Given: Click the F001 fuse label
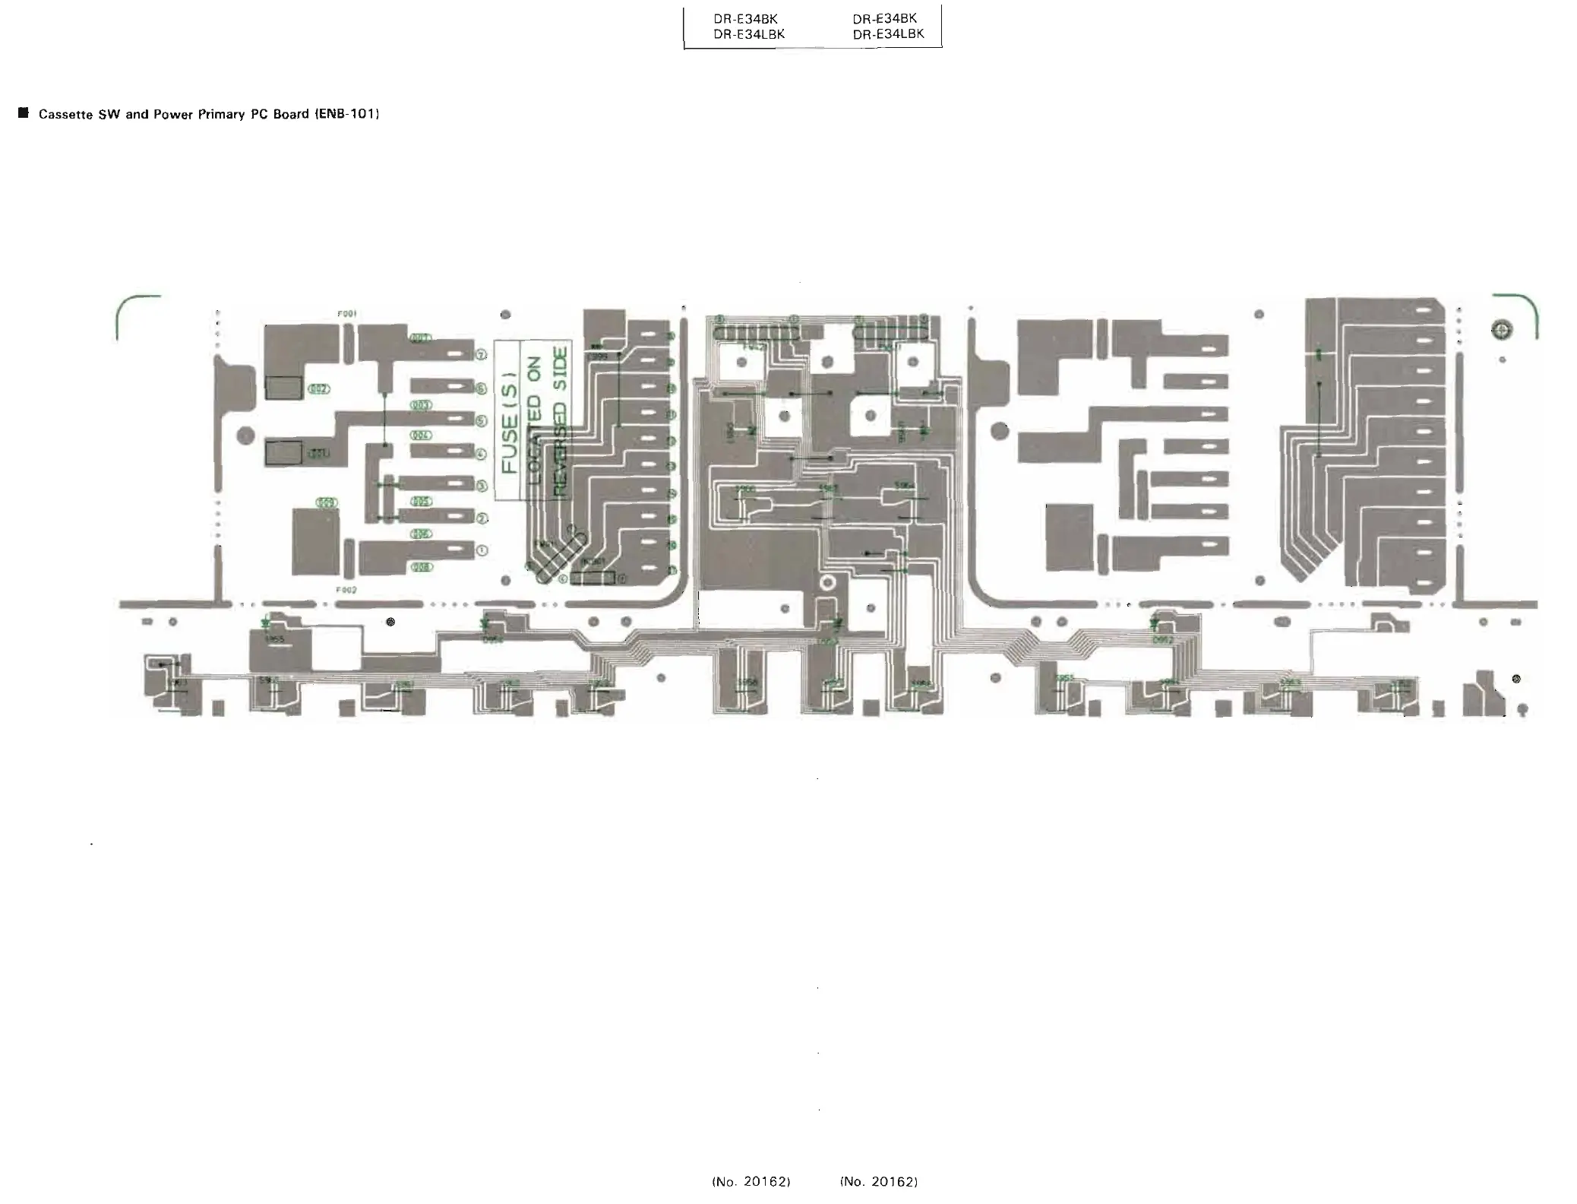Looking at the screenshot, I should [x=347, y=313].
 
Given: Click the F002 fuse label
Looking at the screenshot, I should [x=347, y=589].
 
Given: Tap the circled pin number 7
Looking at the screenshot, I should [x=481, y=355].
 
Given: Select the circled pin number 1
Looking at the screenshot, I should [x=481, y=550].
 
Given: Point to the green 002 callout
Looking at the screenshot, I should [x=318, y=389].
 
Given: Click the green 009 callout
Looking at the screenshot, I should [x=327, y=503].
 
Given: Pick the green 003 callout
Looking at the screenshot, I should [x=421, y=405].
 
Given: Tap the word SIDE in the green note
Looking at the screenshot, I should [x=561, y=368].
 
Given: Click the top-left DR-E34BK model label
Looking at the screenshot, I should [x=745, y=19].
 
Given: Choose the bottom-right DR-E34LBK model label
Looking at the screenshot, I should [x=888, y=34].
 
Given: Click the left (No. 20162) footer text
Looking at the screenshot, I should [x=751, y=1181].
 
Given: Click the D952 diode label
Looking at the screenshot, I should [x=1162, y=640].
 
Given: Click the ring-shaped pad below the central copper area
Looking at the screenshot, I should [x=827, y=584].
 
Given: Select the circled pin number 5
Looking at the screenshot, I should [x=481, y=420].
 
